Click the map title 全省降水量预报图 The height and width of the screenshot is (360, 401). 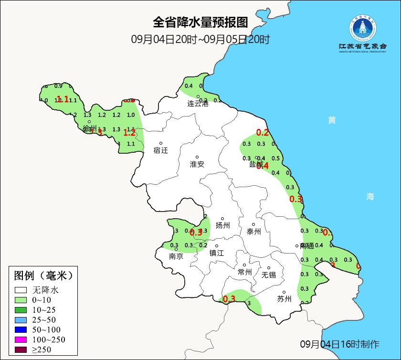click(x=200, y=22)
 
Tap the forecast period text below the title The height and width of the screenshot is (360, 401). click(x=200, y=39)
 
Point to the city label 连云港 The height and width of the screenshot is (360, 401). click(x=198, y=103)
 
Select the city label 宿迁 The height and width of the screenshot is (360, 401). click(x=161, y=150)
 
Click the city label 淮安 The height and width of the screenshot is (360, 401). click(x=197, y=164)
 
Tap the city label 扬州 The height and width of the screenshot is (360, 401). click(x=223, y=225)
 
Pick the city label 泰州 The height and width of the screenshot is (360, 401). click(x=254, y=232)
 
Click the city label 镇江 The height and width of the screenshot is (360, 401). click(x=217, y=254)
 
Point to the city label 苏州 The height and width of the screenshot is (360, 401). click(x=284, y=299)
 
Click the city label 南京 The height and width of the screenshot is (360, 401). click(x=176, y=256)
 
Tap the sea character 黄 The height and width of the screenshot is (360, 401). click(x=332, y=120)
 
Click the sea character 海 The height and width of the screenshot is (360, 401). click(x=370, y=196)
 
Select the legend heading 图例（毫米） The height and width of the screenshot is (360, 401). click(x=43, y=275)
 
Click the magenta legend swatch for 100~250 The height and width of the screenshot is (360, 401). click(x=21, y=339)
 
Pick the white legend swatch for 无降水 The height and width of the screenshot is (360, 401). click(x=21, y=290)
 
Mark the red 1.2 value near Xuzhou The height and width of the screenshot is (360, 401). click(x=129, y=133)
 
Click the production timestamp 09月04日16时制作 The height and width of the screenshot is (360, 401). click(x=340, y=344)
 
